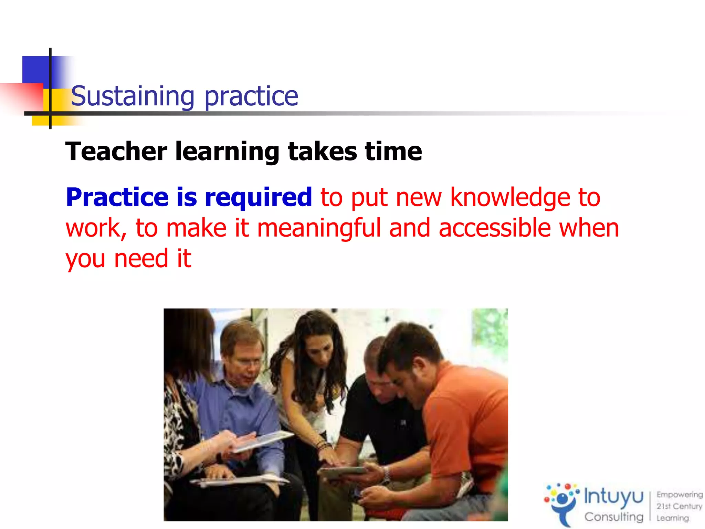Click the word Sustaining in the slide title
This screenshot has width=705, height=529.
click(133, 96)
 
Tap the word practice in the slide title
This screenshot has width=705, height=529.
click(251, 97)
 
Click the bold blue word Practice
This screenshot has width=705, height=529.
click(117, 198)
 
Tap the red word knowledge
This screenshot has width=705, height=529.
click(510, 198)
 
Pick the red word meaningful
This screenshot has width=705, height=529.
click(319, 228)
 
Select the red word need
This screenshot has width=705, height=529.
click(141, 259)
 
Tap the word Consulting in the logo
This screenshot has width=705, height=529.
click(614, 517)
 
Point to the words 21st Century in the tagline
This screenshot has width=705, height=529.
click(679, 506)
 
